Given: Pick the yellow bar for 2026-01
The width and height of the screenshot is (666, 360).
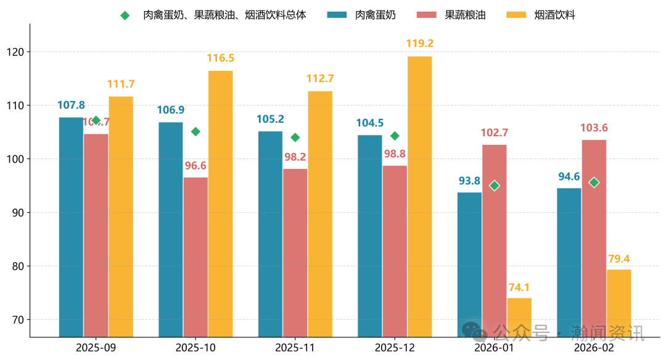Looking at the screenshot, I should tap(519, 317).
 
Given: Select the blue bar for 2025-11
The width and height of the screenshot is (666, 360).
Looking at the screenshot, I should tap(270, 234).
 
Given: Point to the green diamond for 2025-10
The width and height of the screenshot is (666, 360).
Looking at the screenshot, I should tap(195, 131).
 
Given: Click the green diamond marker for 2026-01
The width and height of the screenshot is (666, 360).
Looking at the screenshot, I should tap(494, 186).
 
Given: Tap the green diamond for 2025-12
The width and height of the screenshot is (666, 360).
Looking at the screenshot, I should tap(395, 136).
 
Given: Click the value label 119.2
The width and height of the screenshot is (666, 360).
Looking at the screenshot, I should tap(419, 44).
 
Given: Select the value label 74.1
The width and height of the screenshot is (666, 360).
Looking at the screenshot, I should tap(519, 287).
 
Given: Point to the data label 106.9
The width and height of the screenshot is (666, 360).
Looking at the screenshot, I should tap(171, 110).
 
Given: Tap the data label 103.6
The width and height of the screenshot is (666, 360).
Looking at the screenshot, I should tap(594, 128).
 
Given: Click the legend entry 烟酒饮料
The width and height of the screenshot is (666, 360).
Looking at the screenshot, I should tap(554, 15).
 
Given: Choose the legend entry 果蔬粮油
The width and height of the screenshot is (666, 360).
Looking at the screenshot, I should tap(465, 15).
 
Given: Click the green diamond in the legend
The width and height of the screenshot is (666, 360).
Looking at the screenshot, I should tap(125, 15).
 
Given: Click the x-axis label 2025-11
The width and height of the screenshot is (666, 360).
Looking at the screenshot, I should tap(295, 348).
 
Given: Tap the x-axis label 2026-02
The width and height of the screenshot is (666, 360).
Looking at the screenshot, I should tap(594, 348).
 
